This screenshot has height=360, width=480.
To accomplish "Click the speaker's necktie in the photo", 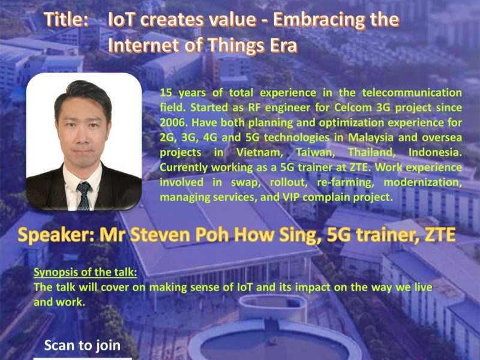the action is [83, 196].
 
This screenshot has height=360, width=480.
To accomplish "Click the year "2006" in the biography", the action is [173, 122].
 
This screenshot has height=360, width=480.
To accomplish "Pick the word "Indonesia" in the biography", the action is [435, 152].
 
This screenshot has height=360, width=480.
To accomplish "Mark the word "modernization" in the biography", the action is [423, 182].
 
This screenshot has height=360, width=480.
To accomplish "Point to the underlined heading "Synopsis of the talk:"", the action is [85, 272].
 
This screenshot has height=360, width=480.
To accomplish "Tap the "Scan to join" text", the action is [82, 346].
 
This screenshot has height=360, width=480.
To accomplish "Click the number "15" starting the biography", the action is [166, 92].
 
